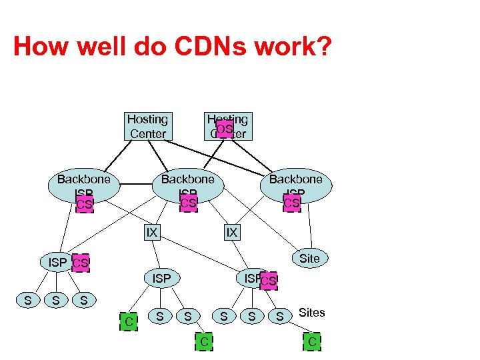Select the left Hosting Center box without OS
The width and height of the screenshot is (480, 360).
[148, 126]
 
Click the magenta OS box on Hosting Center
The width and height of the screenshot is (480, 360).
[225, 129]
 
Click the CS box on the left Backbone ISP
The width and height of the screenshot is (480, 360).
[84, 204]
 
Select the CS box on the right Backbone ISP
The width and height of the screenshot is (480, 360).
[292, 202]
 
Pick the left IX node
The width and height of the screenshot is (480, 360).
[152, 233]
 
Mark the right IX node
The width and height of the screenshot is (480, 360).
[231, 233]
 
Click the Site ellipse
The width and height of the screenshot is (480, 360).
[309, 259]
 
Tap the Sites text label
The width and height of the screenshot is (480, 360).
[311, 313]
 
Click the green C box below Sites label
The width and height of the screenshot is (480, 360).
[311, 343]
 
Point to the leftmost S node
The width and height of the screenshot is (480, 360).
[27, 301]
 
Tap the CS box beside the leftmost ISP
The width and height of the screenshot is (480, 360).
[80, 263]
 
